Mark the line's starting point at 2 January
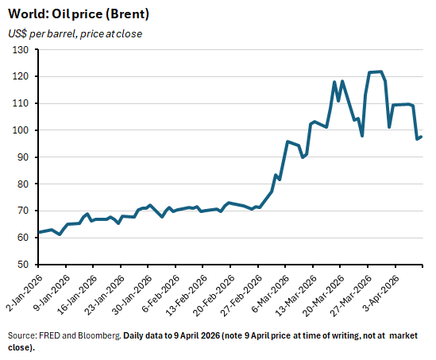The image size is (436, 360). [x=39, y=233]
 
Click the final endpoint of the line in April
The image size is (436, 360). [x=421, y=137]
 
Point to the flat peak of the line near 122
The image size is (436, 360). [x=376, y=72]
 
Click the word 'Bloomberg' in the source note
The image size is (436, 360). [x=99, y=335]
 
